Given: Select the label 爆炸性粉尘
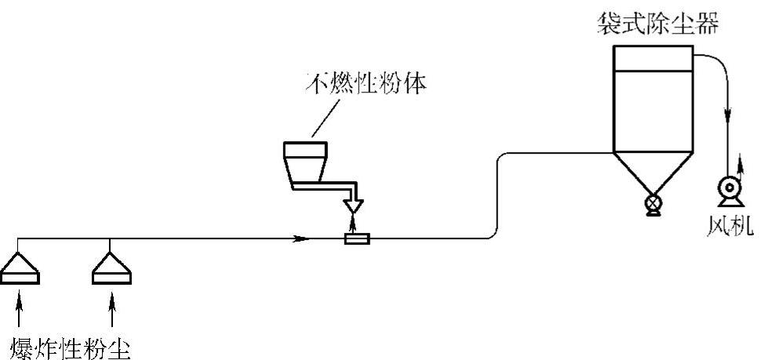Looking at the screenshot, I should coord(70,346).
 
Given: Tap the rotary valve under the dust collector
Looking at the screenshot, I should coord(653,205).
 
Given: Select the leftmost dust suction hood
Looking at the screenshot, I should coord(19,268).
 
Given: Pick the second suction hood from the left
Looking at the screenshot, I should coord(111,268).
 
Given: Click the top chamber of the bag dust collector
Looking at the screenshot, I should coord(653,59).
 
